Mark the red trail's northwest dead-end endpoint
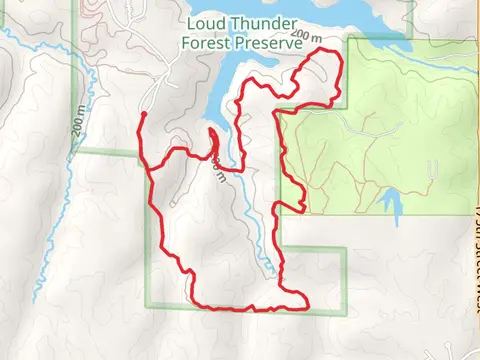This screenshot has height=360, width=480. point(143,115)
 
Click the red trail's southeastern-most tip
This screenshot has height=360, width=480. point(307,303)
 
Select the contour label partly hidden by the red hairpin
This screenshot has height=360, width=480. point(218,169)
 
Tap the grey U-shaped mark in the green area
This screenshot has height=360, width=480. point(432,168)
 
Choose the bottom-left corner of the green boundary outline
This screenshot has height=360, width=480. point(148,305)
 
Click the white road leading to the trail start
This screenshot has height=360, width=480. point(152,95)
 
